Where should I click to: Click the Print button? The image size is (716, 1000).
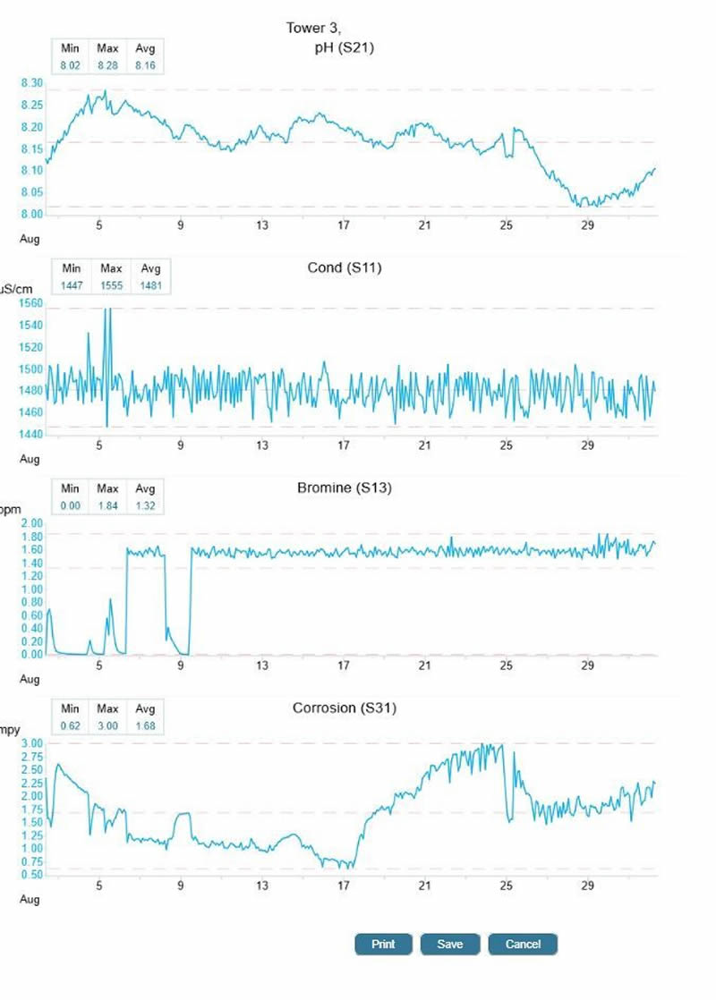point(383,945)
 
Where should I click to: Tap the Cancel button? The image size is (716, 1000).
point(523,945)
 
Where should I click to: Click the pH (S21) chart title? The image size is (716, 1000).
point(339,47)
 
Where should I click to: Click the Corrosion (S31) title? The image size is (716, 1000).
point(345,708)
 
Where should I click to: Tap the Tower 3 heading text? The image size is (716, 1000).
point(307,29)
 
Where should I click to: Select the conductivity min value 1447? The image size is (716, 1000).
point(71,285)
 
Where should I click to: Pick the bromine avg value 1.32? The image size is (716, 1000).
point(144,505)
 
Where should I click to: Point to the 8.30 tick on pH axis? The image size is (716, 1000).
point(31,83)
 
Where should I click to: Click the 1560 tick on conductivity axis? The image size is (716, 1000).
point(31,303)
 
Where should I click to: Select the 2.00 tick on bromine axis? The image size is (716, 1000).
point(31,523)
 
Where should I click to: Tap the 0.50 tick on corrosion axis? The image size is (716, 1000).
point(31,874)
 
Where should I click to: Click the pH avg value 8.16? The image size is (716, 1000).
point(144,65)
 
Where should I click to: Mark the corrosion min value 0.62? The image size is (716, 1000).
point(71,725)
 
